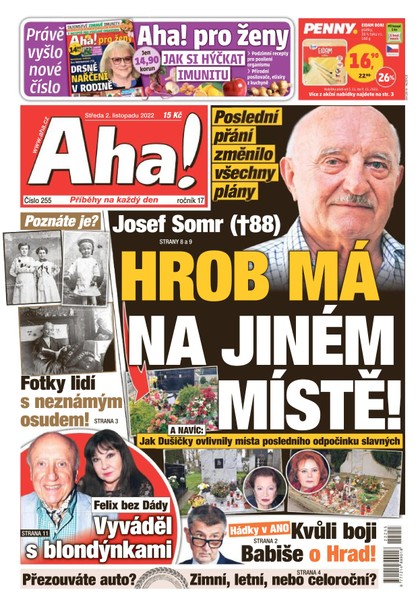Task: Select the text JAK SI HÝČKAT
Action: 200,58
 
